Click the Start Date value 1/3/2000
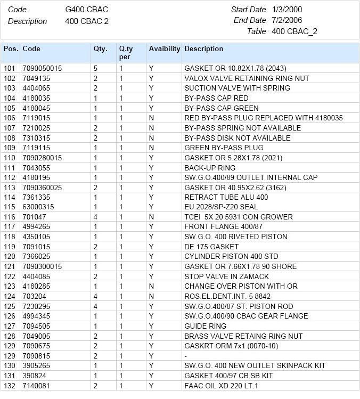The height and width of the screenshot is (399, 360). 288,10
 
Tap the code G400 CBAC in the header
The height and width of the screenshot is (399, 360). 87,10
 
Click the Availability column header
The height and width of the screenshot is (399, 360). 164,49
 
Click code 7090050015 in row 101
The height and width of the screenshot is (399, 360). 42,69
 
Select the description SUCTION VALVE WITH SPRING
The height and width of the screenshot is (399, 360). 237,88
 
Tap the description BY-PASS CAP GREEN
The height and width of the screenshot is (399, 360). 217,108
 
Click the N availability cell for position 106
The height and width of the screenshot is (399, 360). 151,118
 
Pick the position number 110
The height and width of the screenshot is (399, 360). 10,158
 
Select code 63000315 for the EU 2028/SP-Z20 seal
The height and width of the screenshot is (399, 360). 38,207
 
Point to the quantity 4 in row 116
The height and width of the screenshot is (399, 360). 96,217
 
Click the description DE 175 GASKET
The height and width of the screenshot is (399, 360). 211,247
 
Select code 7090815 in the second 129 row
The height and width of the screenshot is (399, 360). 36,356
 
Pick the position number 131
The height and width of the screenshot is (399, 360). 10,376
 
